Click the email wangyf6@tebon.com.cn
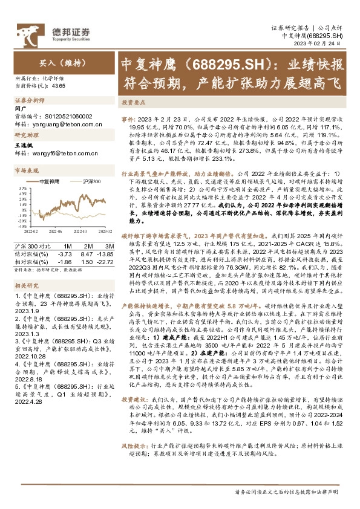(64, 154)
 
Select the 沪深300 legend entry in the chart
(88, 181)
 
